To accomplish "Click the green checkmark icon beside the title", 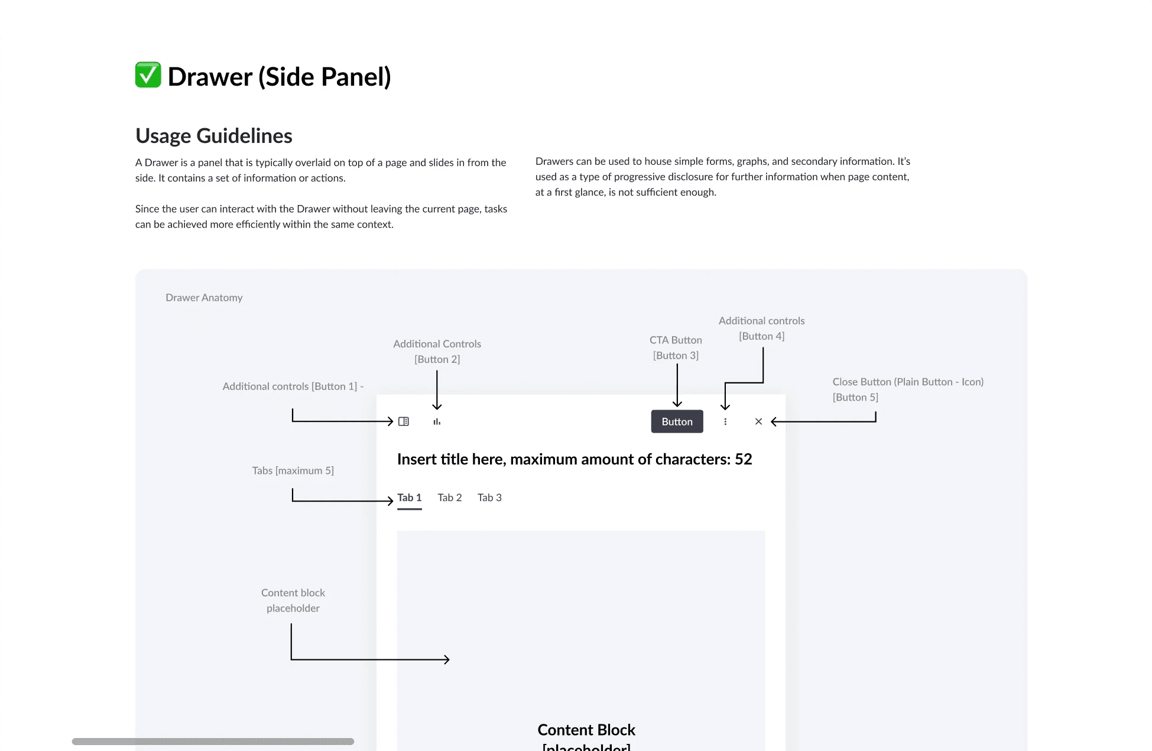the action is pos(148,75).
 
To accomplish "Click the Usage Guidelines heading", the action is pos(213,136).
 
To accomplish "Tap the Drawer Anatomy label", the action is pos(204,298).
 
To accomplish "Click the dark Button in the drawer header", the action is pos(677,421).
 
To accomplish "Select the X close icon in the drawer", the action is pos(758,421).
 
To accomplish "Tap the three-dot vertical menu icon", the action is pos(725,421).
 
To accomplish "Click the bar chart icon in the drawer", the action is pos(437,421).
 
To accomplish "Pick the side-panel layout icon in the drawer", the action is pos(404,421).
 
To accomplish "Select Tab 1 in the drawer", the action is pos(409,498).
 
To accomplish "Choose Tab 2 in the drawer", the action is pos(449,498).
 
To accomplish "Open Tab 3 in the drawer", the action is pos(489,498).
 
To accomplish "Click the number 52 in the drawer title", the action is pos(743,459).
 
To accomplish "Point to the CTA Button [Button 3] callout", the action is pos(676,347).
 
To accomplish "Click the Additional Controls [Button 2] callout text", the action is pos(437,351).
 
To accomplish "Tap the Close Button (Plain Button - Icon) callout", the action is pos(907,389).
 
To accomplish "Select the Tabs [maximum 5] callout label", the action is pos(293,470).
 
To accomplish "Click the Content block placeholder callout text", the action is pos(293,600).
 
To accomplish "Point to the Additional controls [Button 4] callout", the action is pos(761,328).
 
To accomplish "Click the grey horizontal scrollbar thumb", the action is pos(213,741).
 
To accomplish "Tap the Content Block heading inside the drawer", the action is pos(586,730).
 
